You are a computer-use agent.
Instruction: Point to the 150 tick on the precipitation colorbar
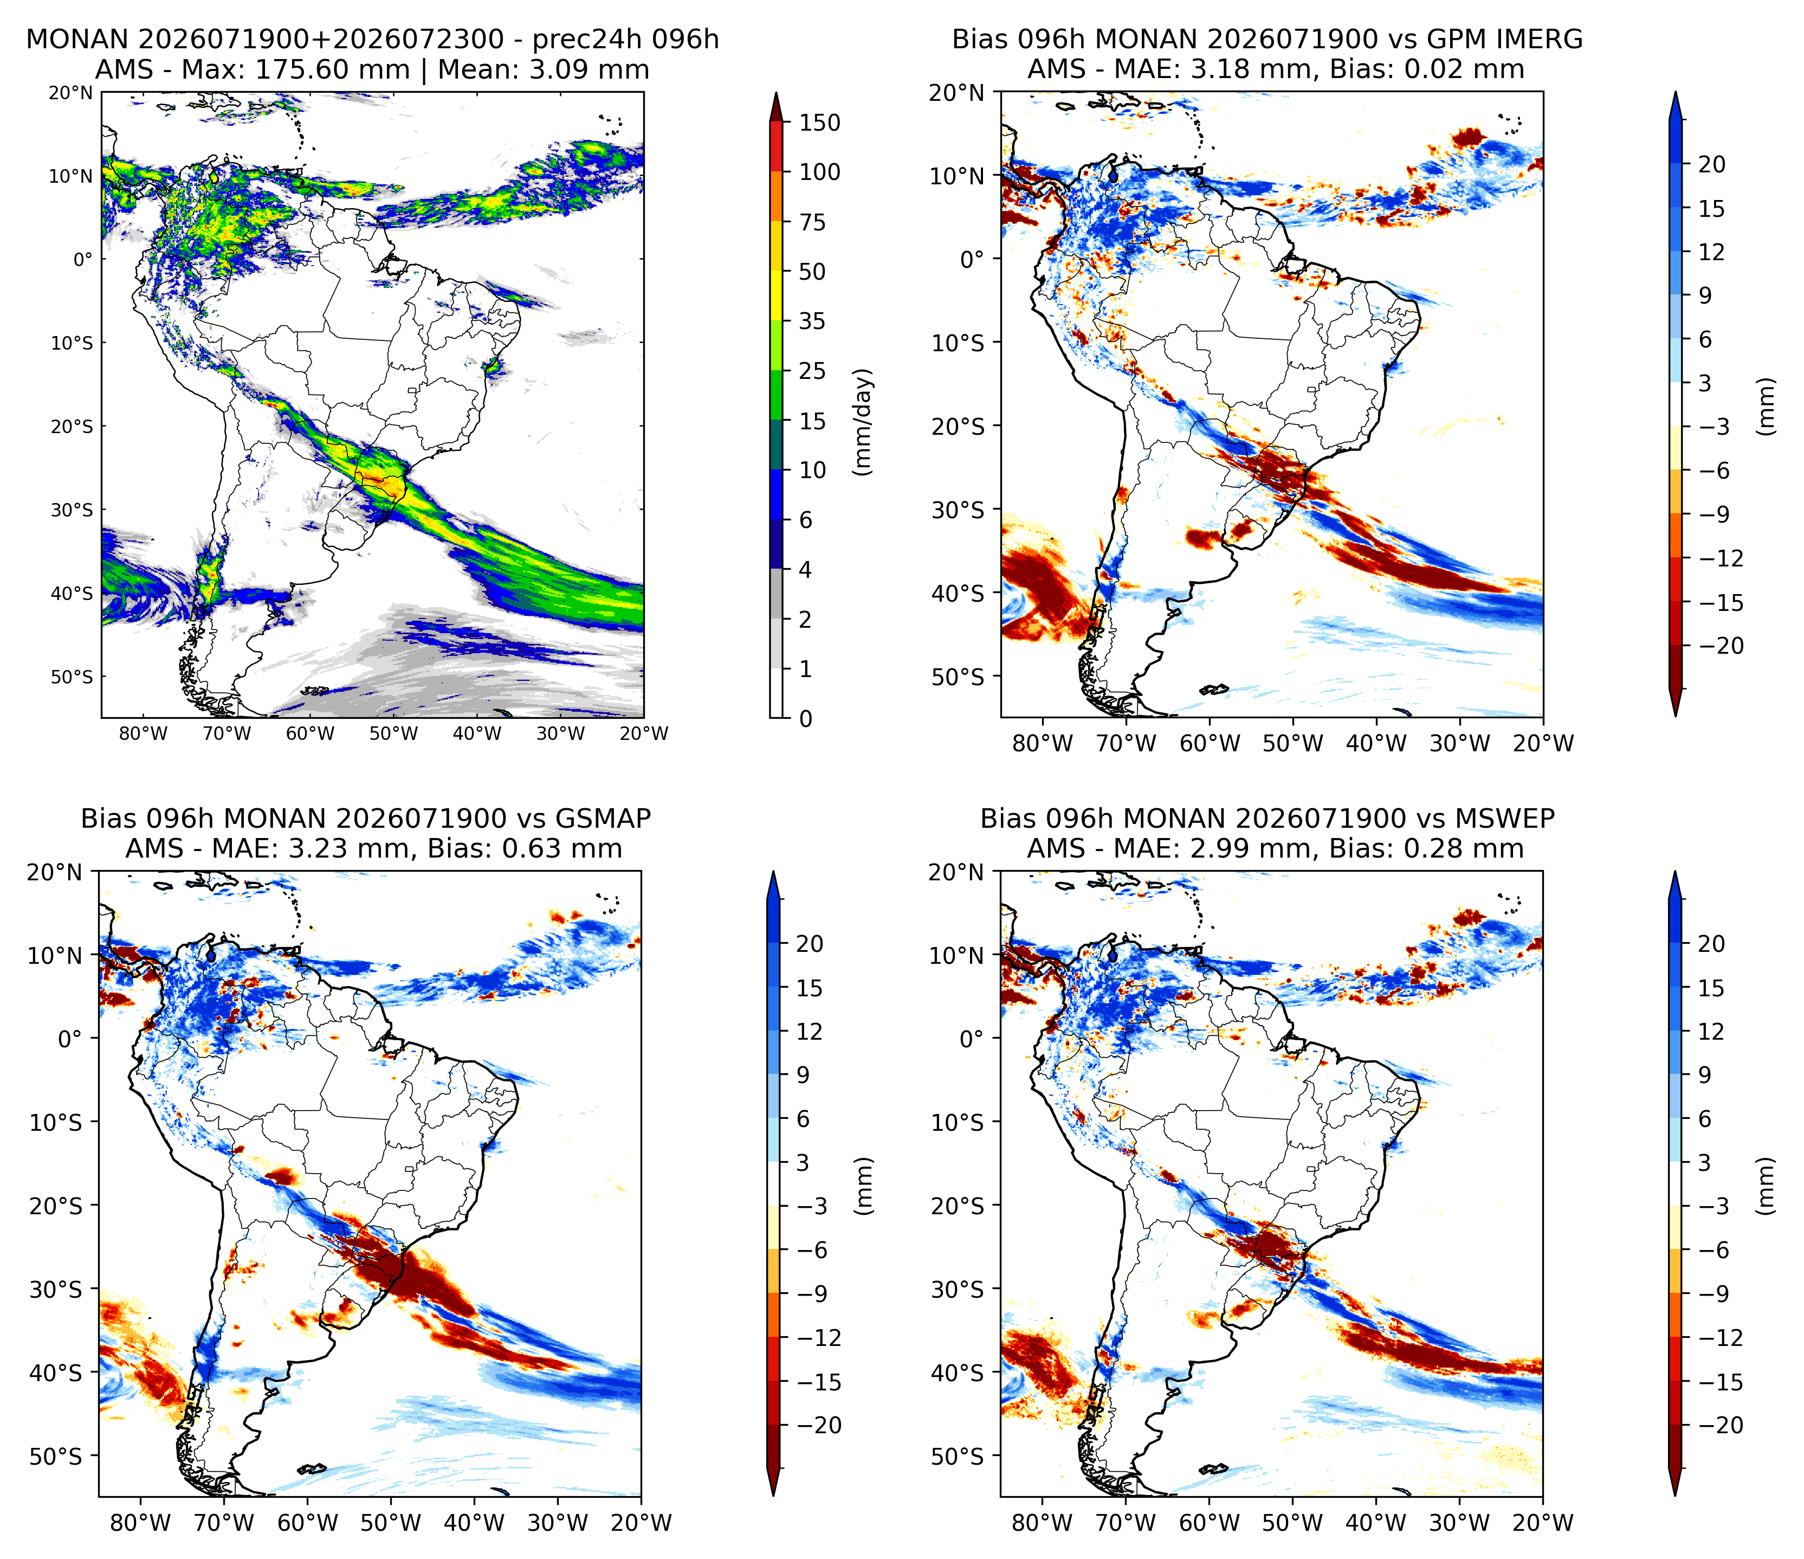click(820, 123)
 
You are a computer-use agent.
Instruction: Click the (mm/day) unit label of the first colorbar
click(863, 422)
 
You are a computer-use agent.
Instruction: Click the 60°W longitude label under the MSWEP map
click(1210, 1523)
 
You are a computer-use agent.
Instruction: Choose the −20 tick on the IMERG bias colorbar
click(1719, 646)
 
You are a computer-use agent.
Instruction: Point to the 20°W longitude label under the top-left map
click(644, 733)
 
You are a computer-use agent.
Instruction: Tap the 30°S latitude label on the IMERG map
click(958, 510)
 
